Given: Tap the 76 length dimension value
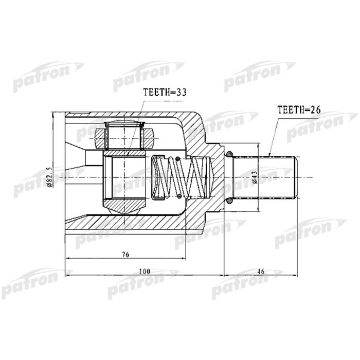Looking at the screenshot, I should (125, 254).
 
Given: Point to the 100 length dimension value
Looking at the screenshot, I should (145, 271).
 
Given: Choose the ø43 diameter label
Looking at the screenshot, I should (254, 176).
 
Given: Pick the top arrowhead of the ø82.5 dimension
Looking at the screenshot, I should (53, 114).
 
